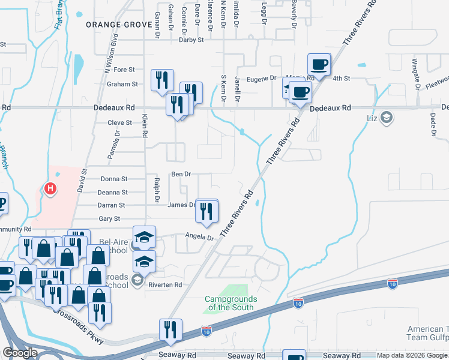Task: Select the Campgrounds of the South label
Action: (231, 303)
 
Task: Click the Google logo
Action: (20, 353)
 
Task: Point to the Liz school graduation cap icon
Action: (387, 117)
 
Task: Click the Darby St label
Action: (192, 40)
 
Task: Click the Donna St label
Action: (114, 179)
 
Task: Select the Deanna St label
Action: (113, 192)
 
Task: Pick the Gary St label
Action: (109, 218)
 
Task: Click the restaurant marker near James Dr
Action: (206, 211)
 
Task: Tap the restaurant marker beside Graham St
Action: (162, 81)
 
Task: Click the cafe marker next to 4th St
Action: (319, 64)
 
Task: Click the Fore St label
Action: (124, 69)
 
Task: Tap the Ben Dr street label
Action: (181, 174)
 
